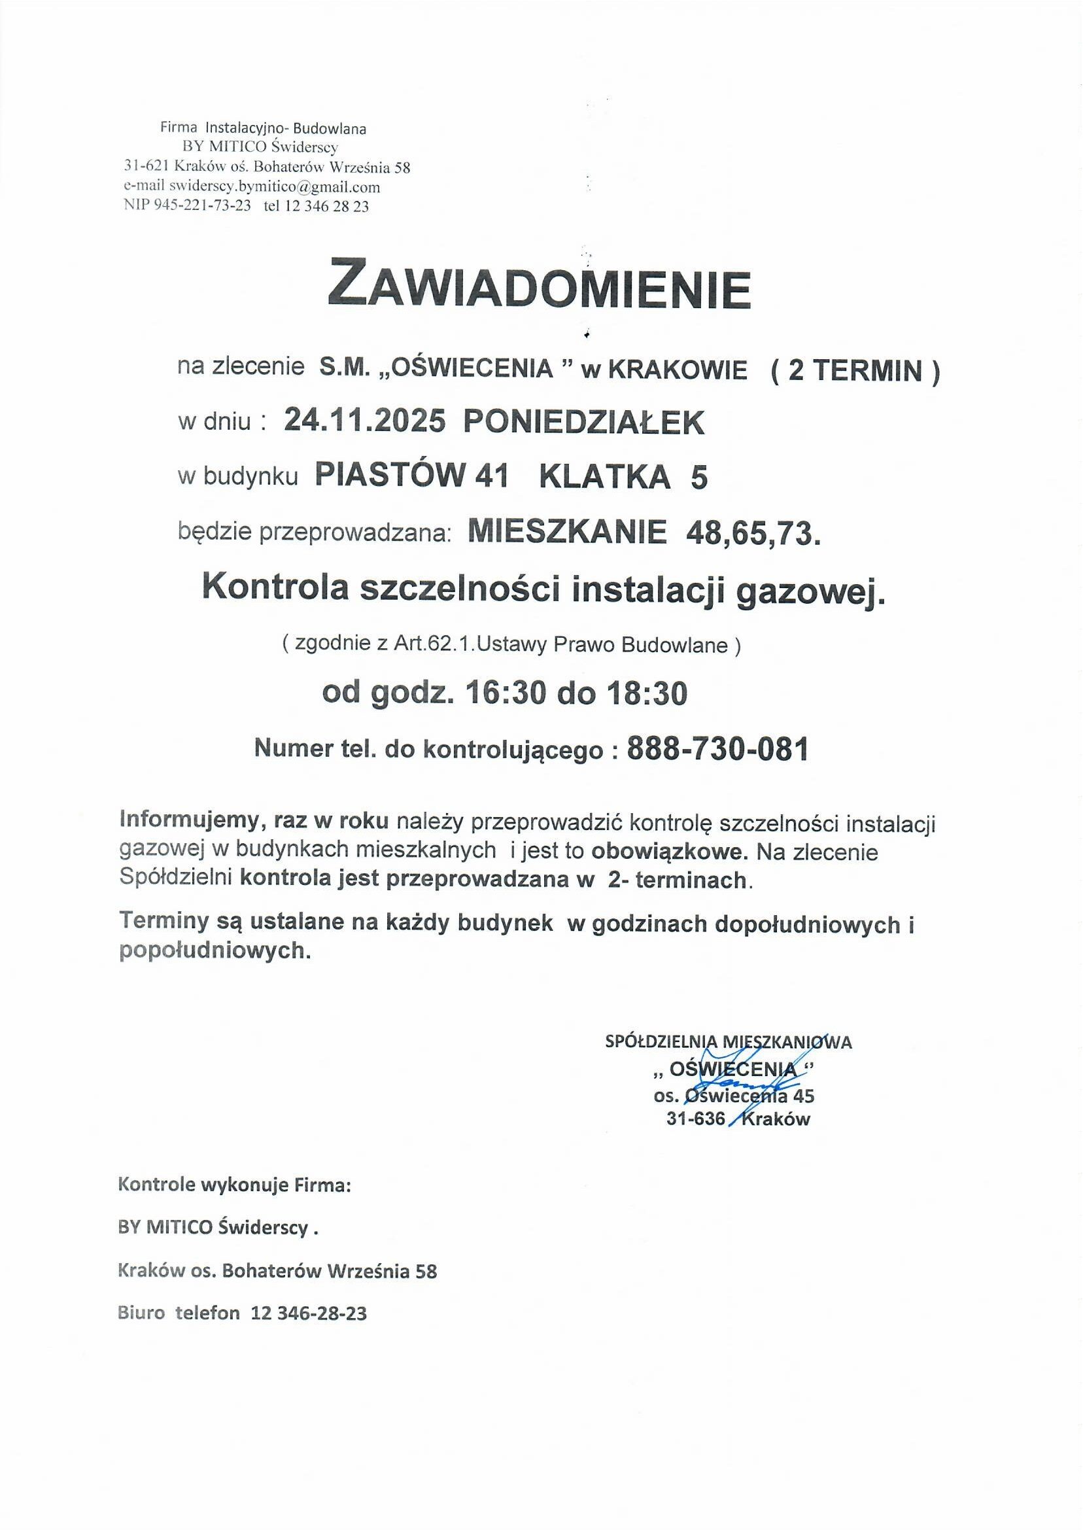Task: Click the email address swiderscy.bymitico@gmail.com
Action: (274, 186)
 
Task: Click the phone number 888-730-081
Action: (717, 749)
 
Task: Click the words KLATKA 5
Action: (623, 478)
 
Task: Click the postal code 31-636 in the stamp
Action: (695, 1119)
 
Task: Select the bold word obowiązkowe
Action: (674, 852)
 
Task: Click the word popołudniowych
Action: (215, 950)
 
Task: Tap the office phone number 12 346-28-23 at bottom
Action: (309, 1313)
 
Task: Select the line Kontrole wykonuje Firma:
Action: (234, 1185)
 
